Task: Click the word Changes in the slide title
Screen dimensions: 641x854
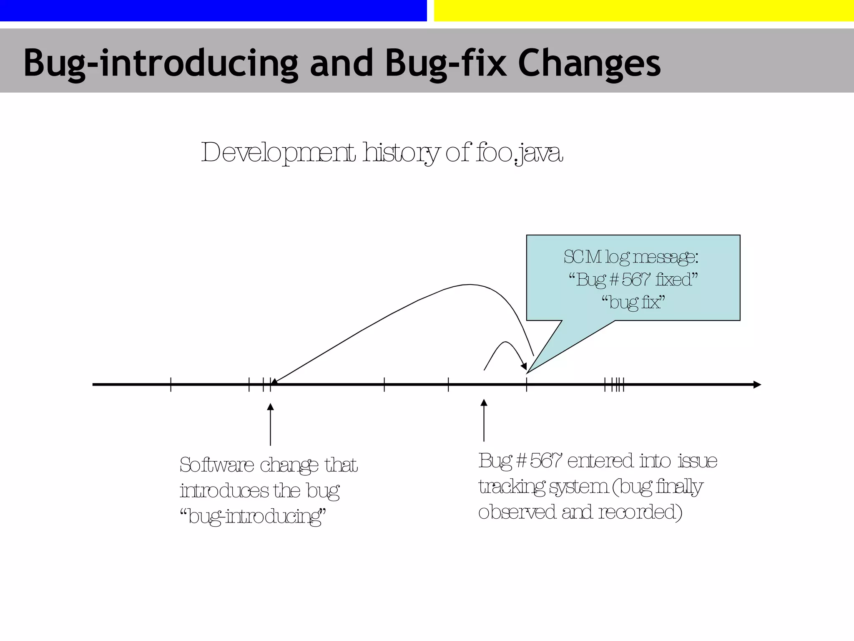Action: click(589, 63)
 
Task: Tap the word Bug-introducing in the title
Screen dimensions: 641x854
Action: click(161, 63)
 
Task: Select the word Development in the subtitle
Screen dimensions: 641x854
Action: click(278, 153)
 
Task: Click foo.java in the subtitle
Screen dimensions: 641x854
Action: click(519, 153)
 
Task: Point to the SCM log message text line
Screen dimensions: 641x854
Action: click(631, 257)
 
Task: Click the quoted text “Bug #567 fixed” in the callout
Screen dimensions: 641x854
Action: click(633, 280)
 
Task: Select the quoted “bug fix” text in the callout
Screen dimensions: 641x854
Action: click(633, 302)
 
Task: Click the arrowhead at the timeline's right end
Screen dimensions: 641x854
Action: click(757, 385)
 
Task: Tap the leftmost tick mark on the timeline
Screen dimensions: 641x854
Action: click(171, 385)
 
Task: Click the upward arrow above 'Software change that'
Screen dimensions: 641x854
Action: click(270, 424)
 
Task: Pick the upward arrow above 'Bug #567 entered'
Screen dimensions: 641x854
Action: click(484, 419)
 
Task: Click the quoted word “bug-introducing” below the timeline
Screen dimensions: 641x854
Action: click(253, 517)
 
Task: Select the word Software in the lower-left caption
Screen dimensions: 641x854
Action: click(217, 465)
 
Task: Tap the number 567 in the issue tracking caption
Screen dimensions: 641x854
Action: click(545, 461)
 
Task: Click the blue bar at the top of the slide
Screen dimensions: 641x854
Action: click(213, 10)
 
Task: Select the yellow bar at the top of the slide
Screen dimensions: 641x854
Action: click(644, 10)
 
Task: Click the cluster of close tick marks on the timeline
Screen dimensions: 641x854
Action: click(615, 385)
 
